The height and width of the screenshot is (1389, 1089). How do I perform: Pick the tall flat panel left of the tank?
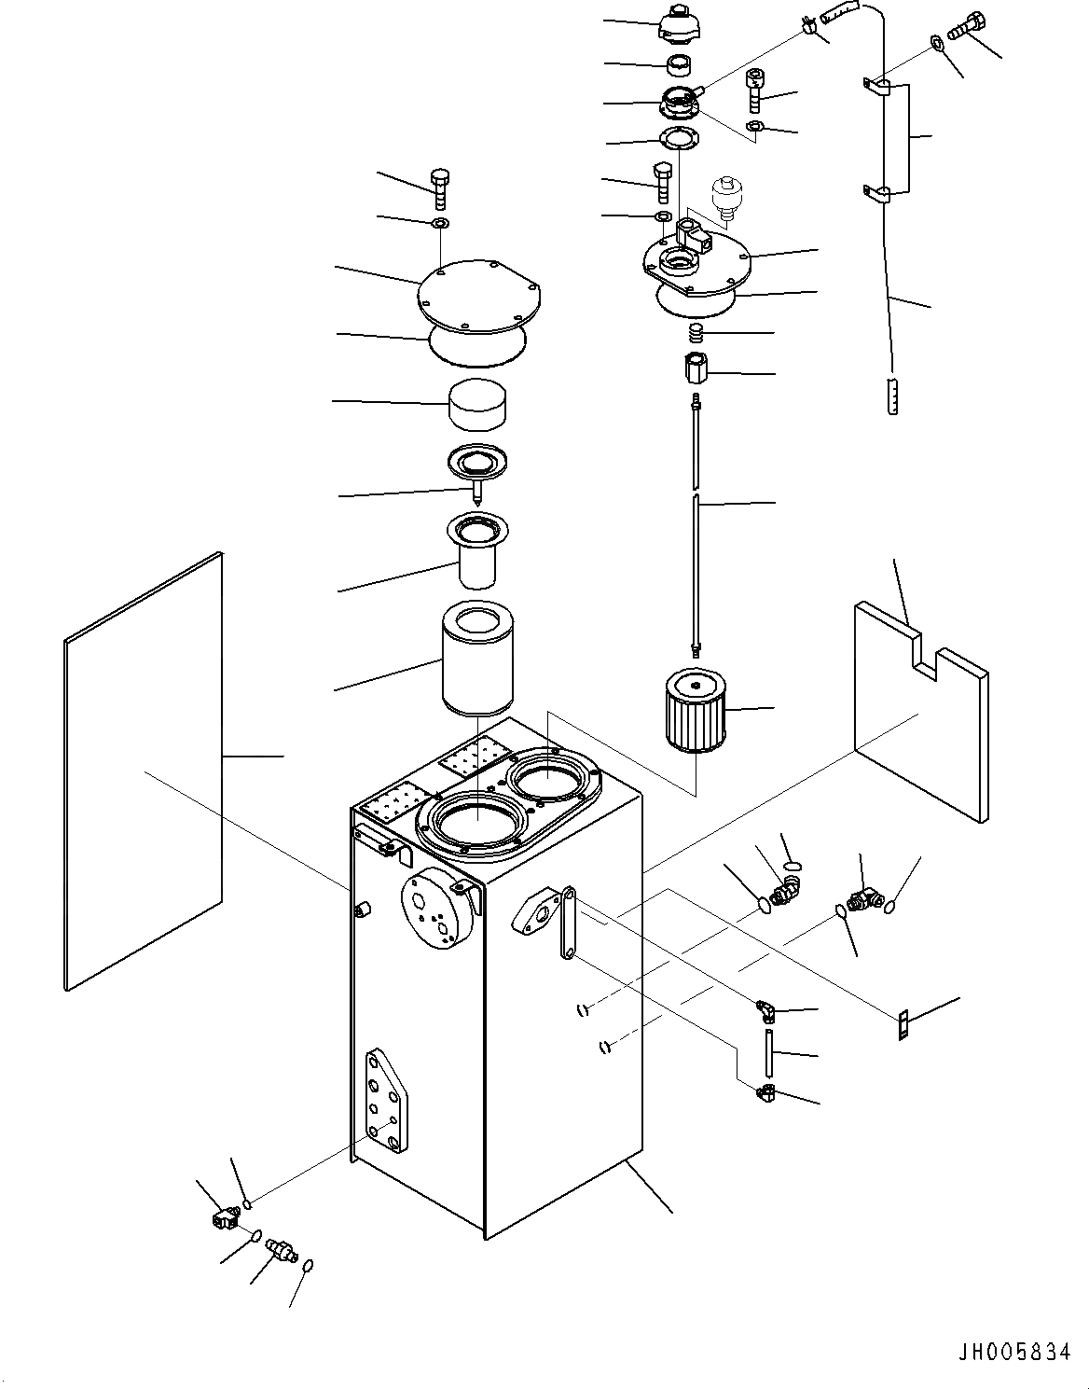[145, 770]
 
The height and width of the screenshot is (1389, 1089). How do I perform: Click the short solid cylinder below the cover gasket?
[478, 404]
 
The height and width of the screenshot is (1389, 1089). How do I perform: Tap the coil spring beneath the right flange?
[694, 332]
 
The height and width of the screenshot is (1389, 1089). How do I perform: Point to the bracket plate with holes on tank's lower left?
[387, 1104]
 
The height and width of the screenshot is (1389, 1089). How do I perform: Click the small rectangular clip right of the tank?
[903, 1023]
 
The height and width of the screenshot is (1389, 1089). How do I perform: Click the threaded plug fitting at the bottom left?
[281, 1247]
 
